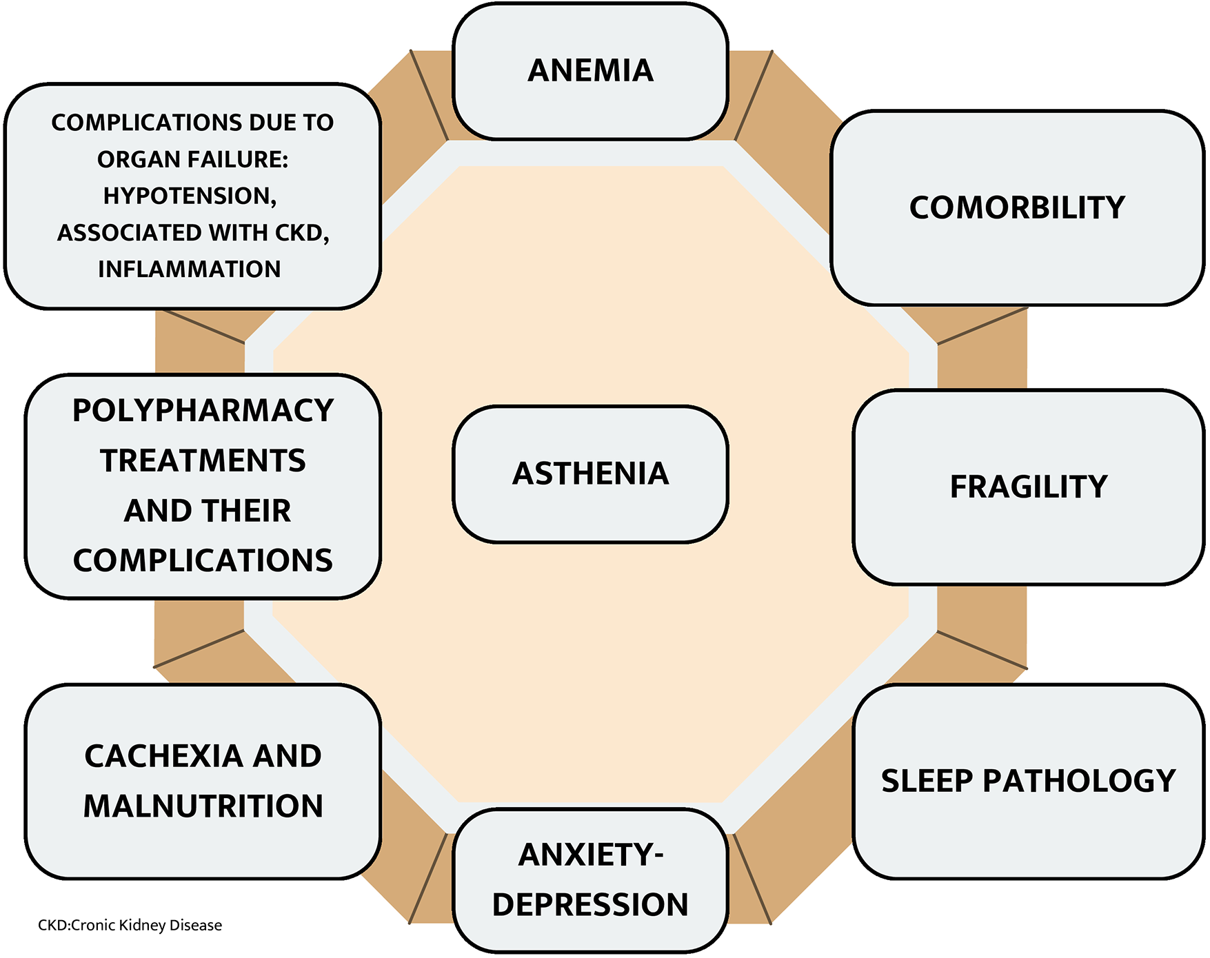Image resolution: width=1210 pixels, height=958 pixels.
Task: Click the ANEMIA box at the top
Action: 590,71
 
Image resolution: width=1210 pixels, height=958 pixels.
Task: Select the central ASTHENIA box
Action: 590,474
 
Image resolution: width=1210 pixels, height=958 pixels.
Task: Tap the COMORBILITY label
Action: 1017,207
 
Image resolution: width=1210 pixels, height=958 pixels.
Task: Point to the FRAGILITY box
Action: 1028,487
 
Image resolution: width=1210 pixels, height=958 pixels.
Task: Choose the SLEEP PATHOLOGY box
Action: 1028,781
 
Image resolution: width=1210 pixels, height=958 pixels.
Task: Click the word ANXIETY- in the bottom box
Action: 590,855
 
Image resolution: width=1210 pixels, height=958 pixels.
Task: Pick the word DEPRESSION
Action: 590,905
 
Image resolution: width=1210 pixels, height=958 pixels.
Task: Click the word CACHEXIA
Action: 163,756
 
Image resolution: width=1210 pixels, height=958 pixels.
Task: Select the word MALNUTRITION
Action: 203,806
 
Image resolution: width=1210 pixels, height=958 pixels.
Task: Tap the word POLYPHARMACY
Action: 203,411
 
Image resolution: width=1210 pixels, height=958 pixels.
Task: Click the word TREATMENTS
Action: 203,461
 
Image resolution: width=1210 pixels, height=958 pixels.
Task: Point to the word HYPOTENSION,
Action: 190,196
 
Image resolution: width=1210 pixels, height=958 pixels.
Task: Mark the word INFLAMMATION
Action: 190,269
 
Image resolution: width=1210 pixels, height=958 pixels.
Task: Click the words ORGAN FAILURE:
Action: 192,160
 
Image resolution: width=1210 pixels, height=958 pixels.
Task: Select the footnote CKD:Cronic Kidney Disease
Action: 130,925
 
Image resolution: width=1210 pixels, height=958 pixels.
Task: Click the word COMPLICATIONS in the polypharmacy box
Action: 203,561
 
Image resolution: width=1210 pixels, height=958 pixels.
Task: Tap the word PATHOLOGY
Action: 1079,781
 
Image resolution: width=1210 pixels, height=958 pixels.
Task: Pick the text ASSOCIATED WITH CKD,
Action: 193,233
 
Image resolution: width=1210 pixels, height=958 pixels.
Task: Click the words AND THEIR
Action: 207,511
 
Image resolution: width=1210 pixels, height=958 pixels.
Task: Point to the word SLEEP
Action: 927,781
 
